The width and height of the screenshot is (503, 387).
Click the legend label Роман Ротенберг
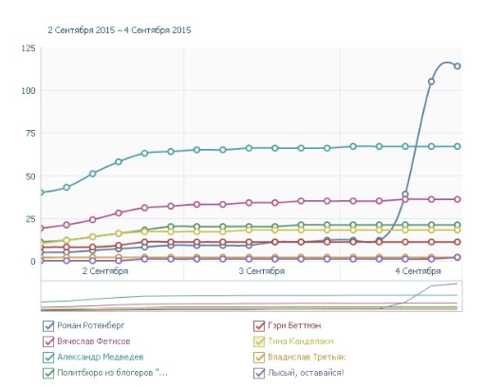[x=91, y=325]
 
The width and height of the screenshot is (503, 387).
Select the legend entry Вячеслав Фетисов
[x=94, y=341]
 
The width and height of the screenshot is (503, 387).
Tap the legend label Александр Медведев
[x=101, y=357]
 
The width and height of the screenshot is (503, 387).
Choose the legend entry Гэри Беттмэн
[x=294, y=325]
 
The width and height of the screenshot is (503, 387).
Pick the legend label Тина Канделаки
[x=301, y=341]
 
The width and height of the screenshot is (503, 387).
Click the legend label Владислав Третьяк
[x=307, y=357]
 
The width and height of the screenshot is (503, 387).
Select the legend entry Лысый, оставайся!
[x=306, y=373]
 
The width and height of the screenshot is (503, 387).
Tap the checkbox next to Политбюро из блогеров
[x=48, y=373]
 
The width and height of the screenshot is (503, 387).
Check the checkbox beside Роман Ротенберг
[x=48, y=325]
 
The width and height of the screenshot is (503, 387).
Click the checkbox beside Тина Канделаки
[x=259, y=341]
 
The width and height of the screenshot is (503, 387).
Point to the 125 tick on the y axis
[x=28, y=48]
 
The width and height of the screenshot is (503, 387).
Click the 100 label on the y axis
[x=28, y=91]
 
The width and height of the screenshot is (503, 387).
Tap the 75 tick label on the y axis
[x=30, y=134]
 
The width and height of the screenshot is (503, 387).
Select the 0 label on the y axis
[x=32, y=262]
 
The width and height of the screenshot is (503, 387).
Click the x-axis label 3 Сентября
[x=262, y=271]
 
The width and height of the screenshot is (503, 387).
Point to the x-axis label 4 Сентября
[x=418, y=271]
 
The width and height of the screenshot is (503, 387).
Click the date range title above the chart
[x=120, y=30]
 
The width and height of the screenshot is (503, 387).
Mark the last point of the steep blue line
[x=457, y=66]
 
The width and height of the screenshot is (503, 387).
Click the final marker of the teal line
[x=457, y=146]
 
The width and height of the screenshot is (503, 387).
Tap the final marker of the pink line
[x=457, y=199]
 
